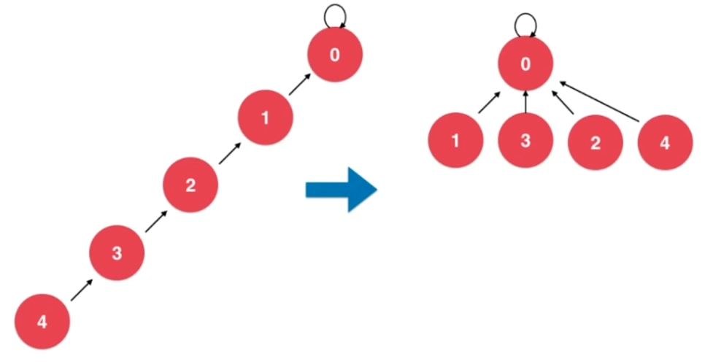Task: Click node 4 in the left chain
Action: (42, 322)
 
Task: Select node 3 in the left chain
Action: (117, 253)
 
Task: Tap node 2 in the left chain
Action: (190, 185)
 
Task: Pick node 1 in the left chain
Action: (266, 117)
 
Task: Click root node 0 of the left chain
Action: (334, 55)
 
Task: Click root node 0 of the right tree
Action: (525, 64)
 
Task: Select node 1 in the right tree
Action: (455, 141)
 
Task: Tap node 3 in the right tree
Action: (525, 141)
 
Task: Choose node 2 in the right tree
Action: (596, 142)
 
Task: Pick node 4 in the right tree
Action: (665, 142)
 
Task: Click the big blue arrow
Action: (341, 190)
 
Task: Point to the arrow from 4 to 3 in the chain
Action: (82, 289)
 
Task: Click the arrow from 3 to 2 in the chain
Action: (156, 220)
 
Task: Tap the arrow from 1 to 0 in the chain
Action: (298, 85)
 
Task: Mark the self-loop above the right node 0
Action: (525, 23)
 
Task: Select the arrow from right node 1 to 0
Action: (489, 103)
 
